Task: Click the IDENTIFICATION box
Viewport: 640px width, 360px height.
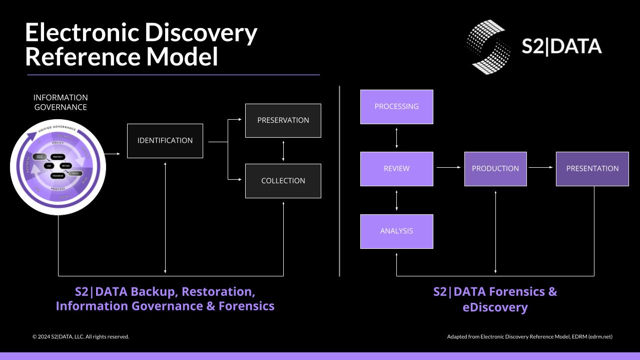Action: pos(165,141)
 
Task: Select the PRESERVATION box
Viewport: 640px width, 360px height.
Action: pos(283,120)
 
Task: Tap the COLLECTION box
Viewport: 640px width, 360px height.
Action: pos(283,181)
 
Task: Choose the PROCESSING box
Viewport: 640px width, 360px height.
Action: pos(396,107)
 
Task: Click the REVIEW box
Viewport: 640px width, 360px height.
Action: pos(396,169)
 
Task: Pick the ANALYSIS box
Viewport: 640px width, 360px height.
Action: pos(396,231)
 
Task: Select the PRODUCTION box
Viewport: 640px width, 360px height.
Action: pos(495,169)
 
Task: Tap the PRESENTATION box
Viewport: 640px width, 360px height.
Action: pos(592,169)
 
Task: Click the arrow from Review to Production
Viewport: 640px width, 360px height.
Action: pos(448,168)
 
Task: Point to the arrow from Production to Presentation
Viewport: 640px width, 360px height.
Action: pos(541,168)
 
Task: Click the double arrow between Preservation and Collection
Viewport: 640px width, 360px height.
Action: pos(283,151)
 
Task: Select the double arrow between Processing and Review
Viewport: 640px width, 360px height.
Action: pos(397,138)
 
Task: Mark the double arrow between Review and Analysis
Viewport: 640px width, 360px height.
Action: pos(397,200)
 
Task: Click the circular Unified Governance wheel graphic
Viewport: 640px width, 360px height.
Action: pos(58,167)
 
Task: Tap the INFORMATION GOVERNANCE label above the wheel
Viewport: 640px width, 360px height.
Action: pos(61,102)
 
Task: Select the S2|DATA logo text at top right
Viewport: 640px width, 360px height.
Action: pos(561,47)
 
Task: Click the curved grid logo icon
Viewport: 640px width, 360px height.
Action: pos(488,47)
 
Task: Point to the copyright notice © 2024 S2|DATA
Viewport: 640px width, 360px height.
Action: pos(81,336)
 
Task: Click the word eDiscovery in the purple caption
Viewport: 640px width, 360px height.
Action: pos(495,307)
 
